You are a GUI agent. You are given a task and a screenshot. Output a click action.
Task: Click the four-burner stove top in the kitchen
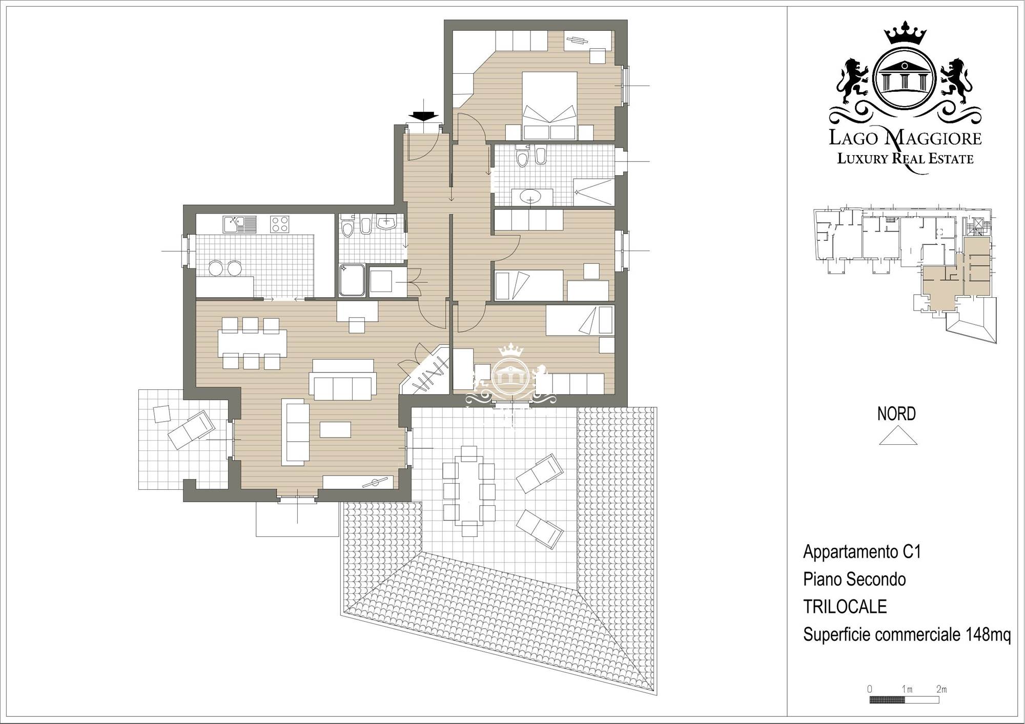point(280,224)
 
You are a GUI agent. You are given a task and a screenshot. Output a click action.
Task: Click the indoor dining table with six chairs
point(252,343)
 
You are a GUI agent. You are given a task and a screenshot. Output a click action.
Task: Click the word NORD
point(896,413)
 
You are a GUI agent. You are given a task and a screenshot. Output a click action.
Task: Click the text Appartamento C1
point(862,552)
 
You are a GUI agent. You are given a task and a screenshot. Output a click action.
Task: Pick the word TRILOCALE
point(845,607)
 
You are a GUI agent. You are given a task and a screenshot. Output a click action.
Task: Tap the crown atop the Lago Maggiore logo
point(906,33)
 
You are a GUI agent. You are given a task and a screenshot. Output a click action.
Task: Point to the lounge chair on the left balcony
point(191,429)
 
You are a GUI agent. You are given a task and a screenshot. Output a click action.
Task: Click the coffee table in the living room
point(335,429)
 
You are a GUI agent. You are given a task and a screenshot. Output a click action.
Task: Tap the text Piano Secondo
point(854,580)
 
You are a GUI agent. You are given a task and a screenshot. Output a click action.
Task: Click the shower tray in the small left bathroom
point(352,280)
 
